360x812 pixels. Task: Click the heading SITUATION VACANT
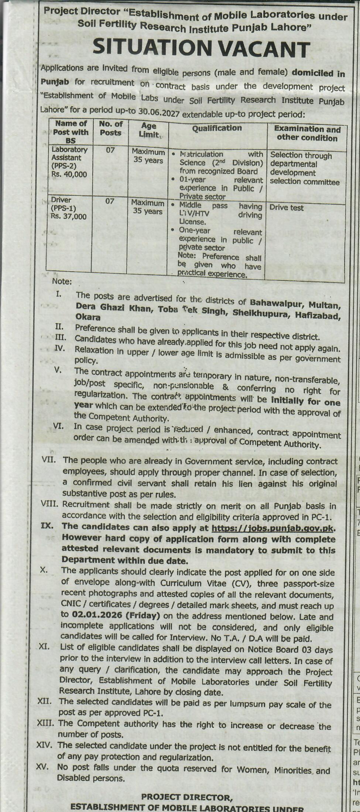[201, 49]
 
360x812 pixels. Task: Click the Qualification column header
[217, 128]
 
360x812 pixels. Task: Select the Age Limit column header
[148, 130]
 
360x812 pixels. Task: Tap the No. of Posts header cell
[110, 128]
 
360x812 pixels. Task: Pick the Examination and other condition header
[307, 133]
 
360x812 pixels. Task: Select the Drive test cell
[287, 208]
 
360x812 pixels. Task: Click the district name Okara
[88, 317]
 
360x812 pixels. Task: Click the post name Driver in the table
[61, 200]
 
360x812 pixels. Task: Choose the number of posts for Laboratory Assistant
[110, 150]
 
